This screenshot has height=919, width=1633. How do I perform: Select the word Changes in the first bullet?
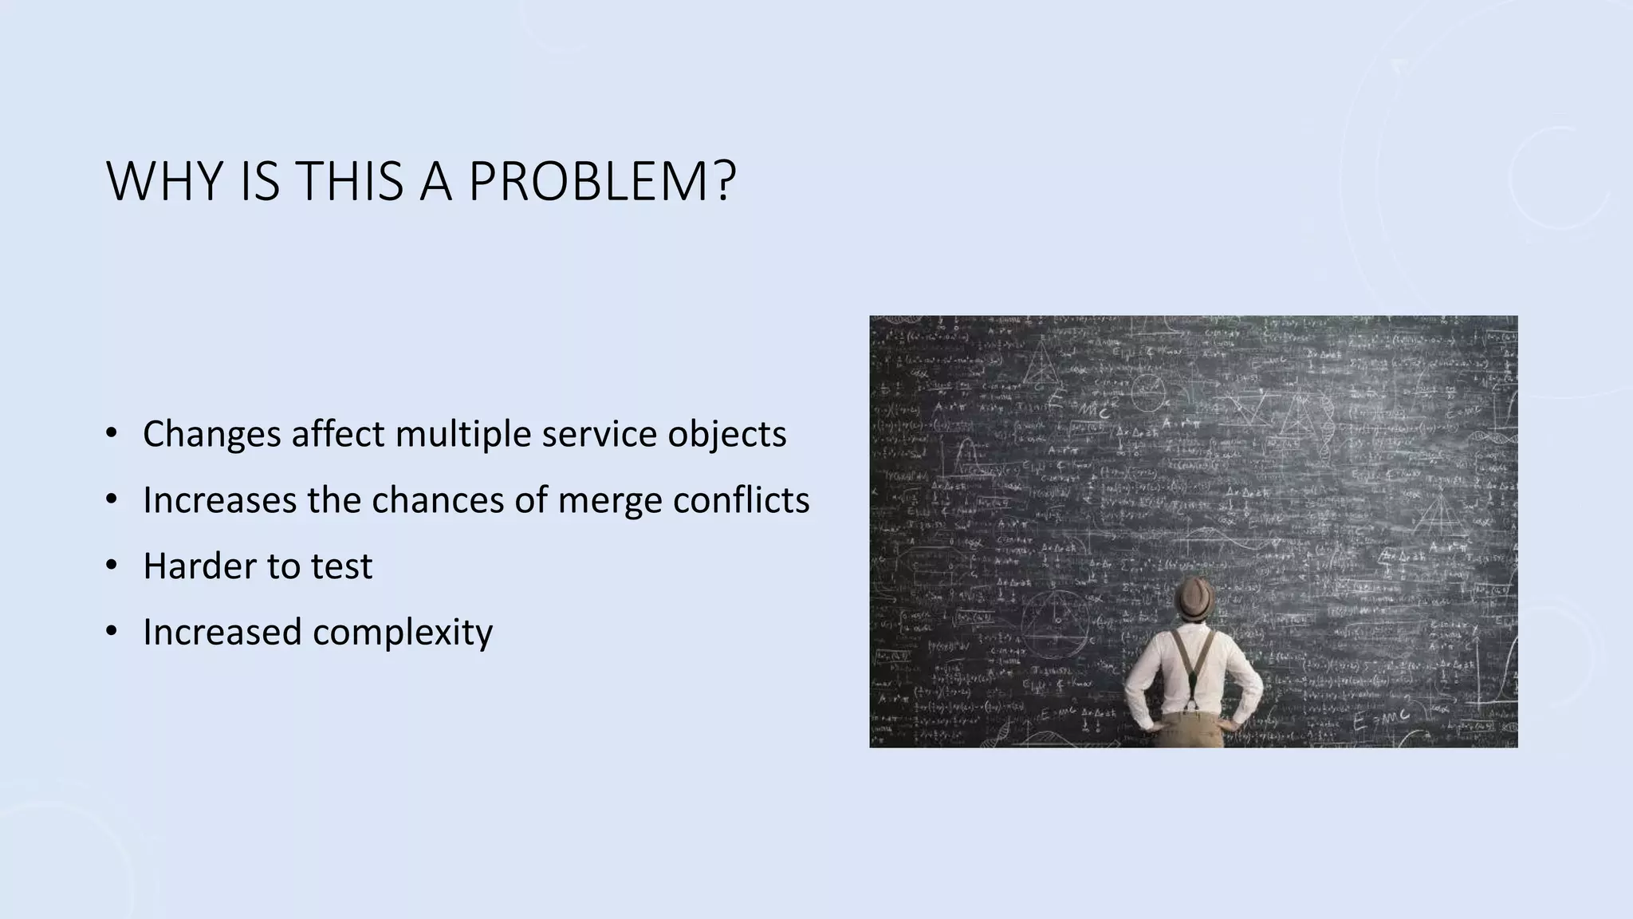coord(211,434)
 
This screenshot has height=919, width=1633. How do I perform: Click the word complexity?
coord(403,633)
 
